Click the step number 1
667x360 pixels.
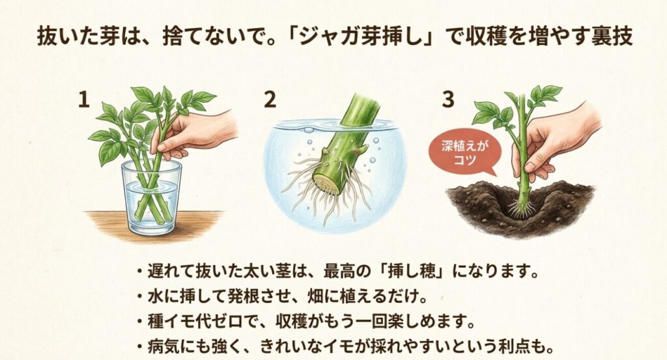[83, 100]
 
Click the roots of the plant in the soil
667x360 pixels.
[522, 208]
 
